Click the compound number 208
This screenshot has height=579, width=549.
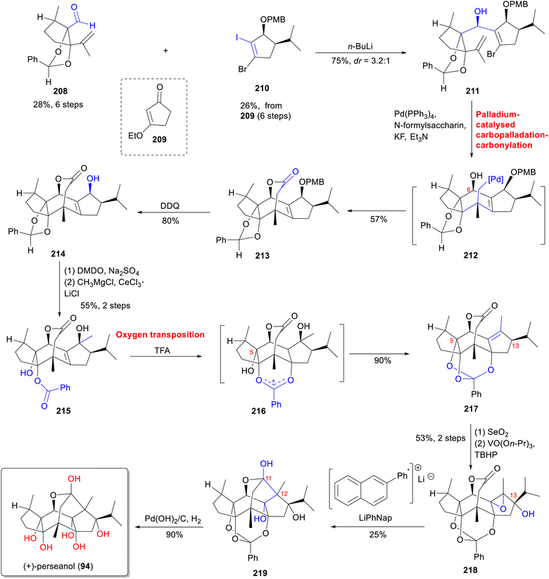(x=61, y=91)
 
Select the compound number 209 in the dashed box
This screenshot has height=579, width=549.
(x=159, y=139)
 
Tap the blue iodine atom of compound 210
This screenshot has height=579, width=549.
(x=237, y=37)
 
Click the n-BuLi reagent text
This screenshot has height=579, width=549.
(x=360, y=46)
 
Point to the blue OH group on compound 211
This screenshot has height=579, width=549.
(x=480, y=12)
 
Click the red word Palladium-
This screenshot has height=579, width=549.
(x=498, y=115)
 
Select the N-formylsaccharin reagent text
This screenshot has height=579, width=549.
(x=429, y=125)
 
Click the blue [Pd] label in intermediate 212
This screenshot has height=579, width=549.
(x=496, y=179)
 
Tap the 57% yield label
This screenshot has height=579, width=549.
(x=379, y=219)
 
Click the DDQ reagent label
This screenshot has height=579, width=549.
(x=170, y=206)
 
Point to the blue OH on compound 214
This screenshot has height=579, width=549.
(x=93, y=179)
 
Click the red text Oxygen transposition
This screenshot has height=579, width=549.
(x=160, y=335)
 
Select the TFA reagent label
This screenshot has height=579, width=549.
(x=162, y=350)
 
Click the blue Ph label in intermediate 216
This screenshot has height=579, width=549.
(x=276, y=405)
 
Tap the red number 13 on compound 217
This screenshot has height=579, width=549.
(x=515, y=345)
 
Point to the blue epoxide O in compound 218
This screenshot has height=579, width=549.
(x=503, y=509)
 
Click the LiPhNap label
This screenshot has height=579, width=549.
(x=375, y=518)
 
